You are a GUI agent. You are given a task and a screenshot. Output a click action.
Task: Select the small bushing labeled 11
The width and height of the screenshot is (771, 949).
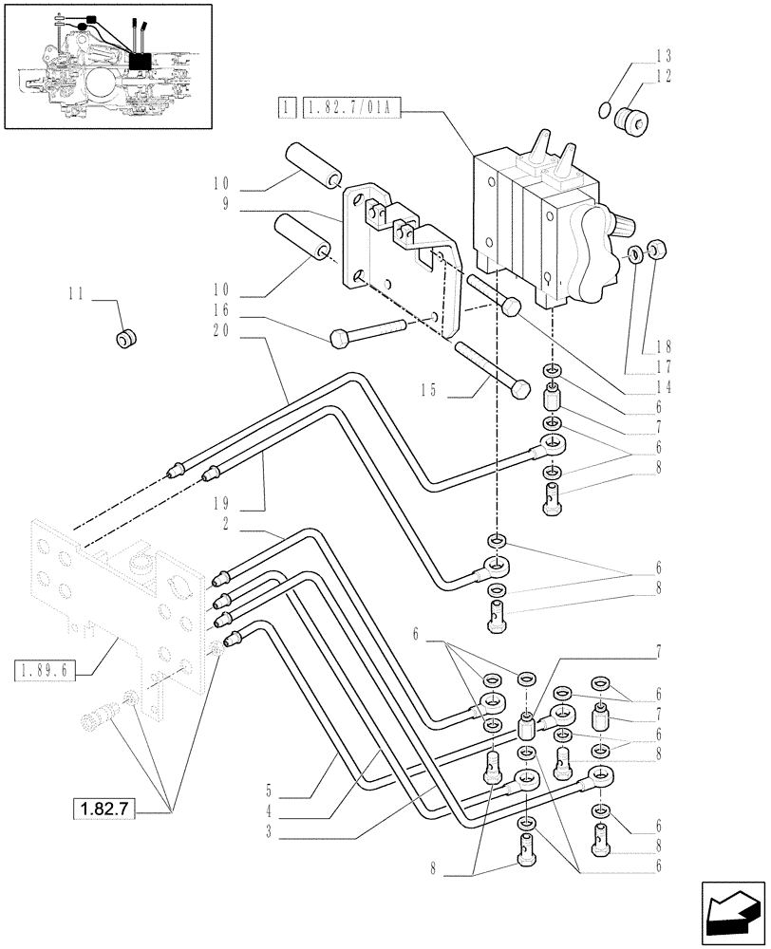click(x=125, y=337)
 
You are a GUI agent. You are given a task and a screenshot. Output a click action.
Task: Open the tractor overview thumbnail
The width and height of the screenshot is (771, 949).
click(x=106, y=65)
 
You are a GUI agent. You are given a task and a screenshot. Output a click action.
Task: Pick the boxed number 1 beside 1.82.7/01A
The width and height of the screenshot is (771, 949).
click(x=284, y=110)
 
